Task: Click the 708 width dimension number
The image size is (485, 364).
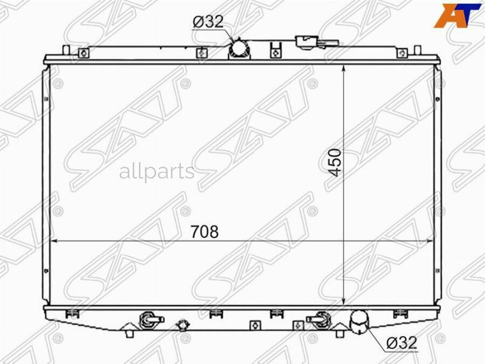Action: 204,231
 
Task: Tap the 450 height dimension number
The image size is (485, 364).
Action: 335,162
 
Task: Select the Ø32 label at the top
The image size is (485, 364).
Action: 208,22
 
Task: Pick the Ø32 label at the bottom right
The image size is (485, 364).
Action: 402,342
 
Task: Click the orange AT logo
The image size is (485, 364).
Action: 458,16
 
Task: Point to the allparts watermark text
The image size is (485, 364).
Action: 157,172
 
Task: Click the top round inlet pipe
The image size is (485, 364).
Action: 239,49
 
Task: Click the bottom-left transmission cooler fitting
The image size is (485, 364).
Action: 150,319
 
